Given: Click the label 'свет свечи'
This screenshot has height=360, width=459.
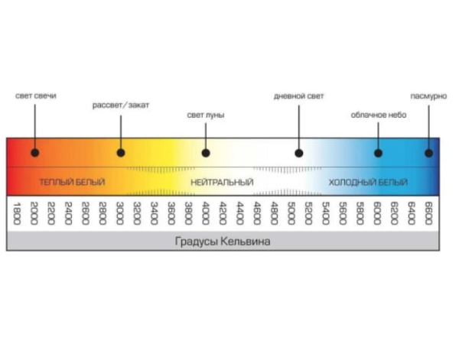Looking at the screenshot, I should pos(36,96).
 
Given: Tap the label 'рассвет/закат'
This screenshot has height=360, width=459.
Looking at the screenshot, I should pos(120,105).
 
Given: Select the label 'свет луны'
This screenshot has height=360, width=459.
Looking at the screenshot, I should pos(206,115).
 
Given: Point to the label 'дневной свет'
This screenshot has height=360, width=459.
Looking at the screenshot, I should pos(299,96).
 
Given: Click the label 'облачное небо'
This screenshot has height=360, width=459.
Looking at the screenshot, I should pos(379,115).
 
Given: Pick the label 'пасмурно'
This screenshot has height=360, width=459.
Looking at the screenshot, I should pos(427,96).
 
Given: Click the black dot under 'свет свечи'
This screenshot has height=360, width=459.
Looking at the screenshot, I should pos(35,153).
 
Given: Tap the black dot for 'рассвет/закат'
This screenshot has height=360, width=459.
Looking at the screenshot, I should pos(121,153).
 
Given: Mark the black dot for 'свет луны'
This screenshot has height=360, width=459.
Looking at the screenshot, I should pos(206,153).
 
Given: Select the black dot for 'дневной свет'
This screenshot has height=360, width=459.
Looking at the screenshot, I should pos(299,153).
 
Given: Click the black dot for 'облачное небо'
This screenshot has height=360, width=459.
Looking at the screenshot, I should pos(378,153).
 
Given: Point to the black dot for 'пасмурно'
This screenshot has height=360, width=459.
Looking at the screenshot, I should pos(428,153).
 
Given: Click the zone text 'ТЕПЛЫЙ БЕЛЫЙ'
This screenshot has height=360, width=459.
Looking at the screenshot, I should pos(72,183).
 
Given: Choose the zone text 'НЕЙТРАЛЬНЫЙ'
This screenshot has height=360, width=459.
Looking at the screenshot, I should pos(222,183).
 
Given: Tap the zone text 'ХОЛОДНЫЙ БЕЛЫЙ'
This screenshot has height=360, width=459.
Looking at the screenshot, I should pos(368,183).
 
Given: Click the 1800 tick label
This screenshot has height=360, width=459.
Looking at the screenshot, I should pos(16,213).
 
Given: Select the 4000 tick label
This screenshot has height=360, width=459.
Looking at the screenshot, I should pos(205,213).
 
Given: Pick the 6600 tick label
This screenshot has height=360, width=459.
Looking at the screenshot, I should pos(428,213).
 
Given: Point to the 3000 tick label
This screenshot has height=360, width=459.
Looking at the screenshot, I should pos(119,213).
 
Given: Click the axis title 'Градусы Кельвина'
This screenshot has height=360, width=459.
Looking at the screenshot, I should pos(222,242).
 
